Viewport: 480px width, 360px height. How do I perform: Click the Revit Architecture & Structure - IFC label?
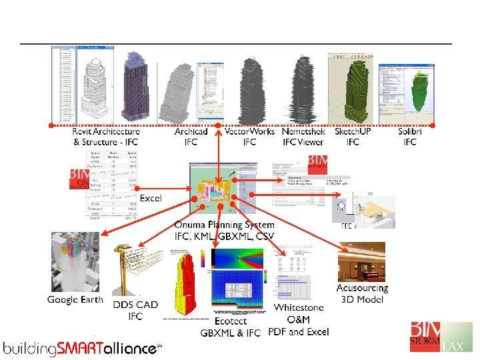(106, 137)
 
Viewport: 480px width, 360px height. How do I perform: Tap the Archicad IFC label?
(191, 137)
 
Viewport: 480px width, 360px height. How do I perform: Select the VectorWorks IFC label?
(249, 137)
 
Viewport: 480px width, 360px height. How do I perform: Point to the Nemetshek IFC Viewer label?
(303, 137)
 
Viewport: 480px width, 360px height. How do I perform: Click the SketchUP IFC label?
(353, 137)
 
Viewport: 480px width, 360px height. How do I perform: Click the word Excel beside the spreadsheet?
(150, 199)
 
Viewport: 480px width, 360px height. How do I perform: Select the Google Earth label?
(75, 300)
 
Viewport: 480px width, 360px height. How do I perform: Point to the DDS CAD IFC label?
(135, 310)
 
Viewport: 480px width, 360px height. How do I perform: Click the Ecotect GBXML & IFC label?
(231, 327)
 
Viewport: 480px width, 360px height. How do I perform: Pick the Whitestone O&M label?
(299, 319)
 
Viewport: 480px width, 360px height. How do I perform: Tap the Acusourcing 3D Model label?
(362, 293)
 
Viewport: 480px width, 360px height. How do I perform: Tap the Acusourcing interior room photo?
(361, 261)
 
